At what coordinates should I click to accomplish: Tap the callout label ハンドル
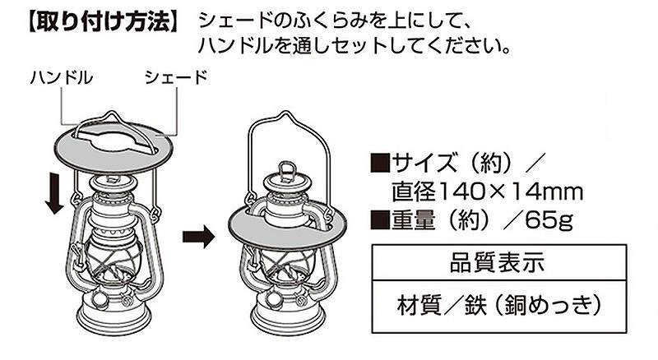click(61, 77)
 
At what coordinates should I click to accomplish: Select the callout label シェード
click(176, 77)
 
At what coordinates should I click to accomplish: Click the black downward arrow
click(54, 194)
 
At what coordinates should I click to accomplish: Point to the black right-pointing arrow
click(199, 237)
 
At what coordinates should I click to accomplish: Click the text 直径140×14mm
click(487, 192)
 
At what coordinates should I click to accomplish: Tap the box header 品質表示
click(498, 263)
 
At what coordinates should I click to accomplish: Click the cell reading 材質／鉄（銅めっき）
click(499, 305)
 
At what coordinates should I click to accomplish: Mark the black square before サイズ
click(381, 164)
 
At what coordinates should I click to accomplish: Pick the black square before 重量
click(381, 219)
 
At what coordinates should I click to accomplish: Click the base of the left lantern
click(114, 316)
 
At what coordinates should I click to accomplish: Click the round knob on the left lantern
click(100, 299)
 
